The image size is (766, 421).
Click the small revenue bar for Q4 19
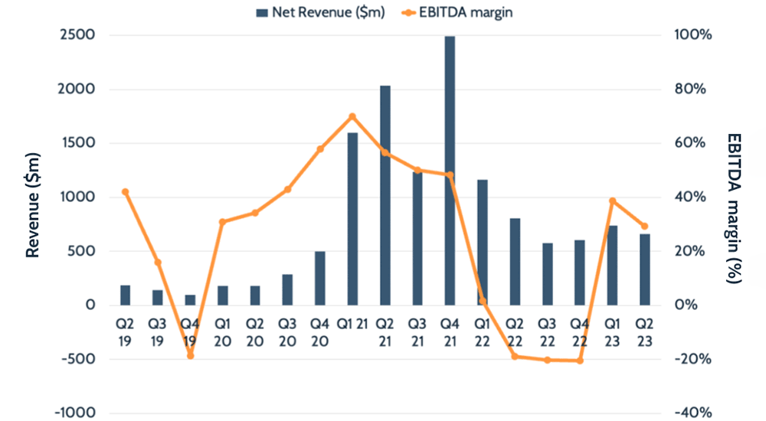tap(190, 299)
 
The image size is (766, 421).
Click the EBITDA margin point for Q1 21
tap(352, 116)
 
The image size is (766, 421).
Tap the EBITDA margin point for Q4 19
tap(190, 356)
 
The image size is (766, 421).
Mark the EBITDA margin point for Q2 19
tap(126, 192)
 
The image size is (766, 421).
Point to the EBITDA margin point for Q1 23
tap(612, 201)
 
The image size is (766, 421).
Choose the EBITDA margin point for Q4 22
tap(580, 361)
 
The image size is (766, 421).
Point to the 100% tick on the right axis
tap(694, 35)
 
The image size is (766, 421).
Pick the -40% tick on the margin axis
tap(694, 413)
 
